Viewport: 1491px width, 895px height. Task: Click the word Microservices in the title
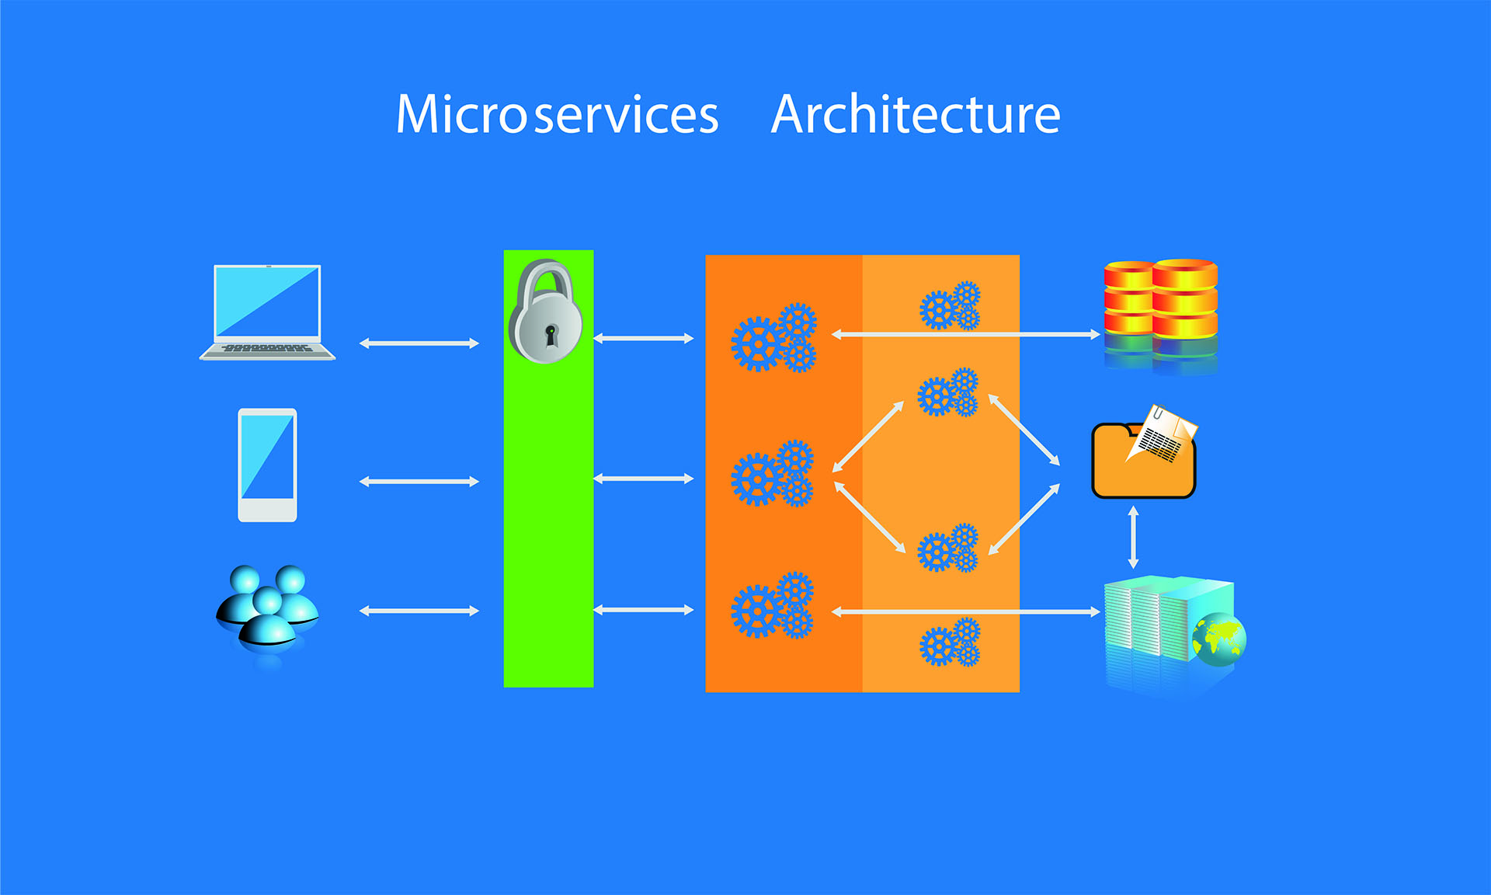557,115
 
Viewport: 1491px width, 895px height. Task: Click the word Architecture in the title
916,115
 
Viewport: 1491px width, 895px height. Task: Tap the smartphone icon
267,465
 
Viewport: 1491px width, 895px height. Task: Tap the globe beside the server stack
1219,639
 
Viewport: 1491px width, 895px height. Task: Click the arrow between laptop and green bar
419,343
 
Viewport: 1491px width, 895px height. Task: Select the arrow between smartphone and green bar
419,482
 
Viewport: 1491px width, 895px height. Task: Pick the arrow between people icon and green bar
419,611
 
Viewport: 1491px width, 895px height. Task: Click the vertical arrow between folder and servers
1133,537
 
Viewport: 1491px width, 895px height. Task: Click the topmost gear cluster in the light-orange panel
950,306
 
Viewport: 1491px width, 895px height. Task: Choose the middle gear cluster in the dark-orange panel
773,474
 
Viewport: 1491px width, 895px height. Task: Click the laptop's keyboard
267,349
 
